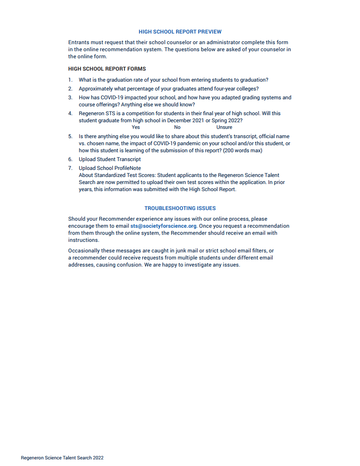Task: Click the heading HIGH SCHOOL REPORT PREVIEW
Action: (x=180, y=32)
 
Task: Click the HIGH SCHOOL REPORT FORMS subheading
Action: (x=107, y=69)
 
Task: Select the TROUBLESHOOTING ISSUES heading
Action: (x=180, y=208)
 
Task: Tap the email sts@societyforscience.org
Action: (x=163, y=226)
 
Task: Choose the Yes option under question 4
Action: (x=135, y=127)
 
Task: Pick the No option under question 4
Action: (x=177, y=127)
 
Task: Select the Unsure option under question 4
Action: (x=224, y=127)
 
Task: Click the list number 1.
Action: (x=70, y=80)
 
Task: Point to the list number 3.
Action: (x=70, y=98)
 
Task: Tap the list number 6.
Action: (x=70, y=159)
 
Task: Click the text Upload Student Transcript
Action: (x=110, y=159)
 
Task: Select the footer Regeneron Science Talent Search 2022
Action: (x=62, y=458)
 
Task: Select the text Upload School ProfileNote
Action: (x=110, y=168)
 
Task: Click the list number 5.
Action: (x=70, y=136)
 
